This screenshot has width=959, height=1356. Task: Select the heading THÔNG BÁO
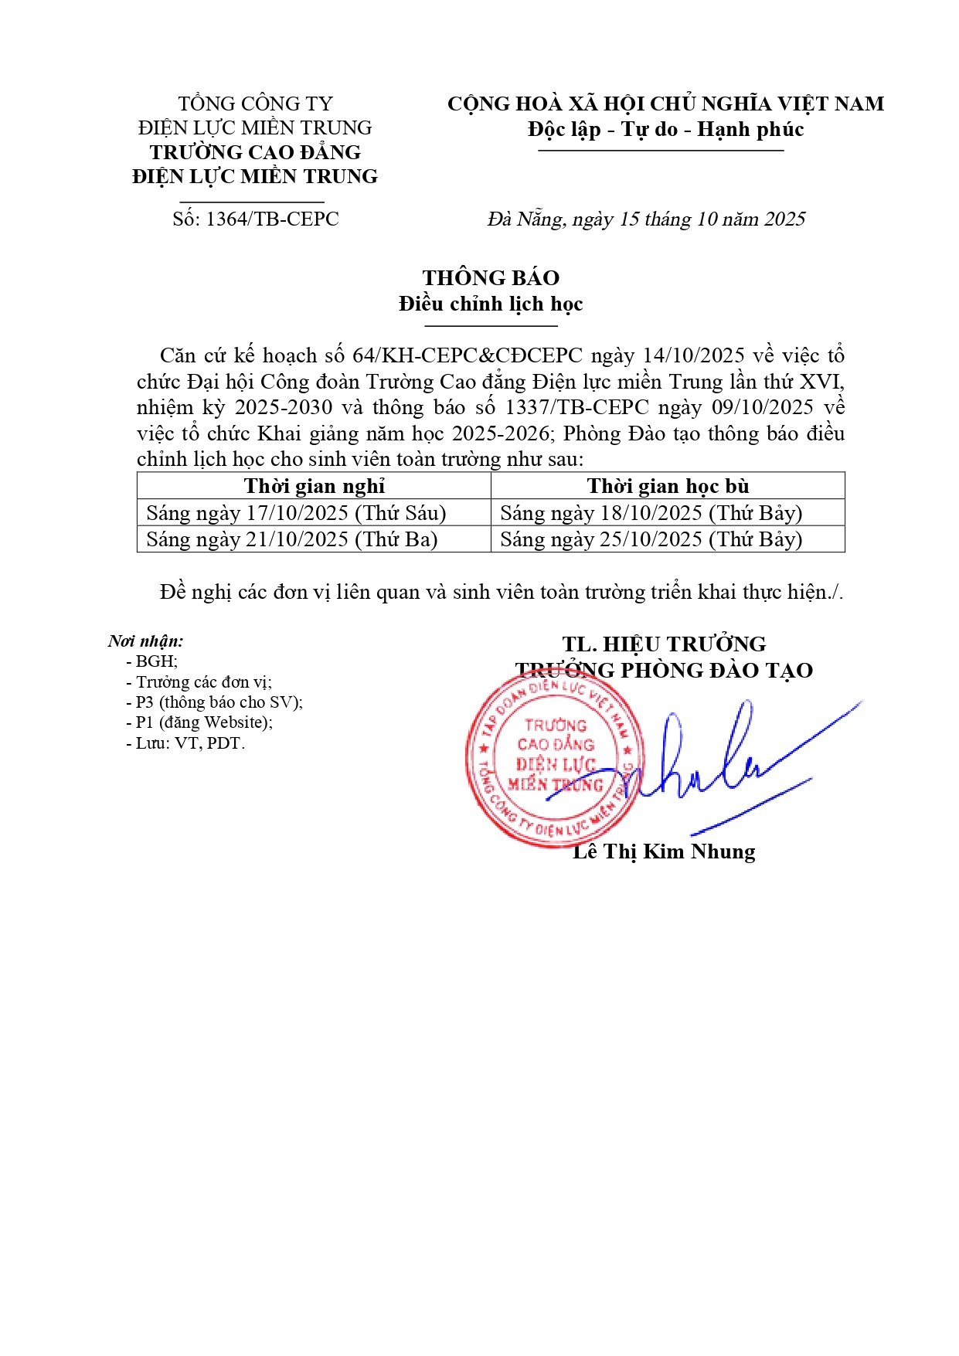coord(491,278)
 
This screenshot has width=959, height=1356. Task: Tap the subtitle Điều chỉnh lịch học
coord(491,304)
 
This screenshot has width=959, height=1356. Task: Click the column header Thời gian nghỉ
coord(314,486)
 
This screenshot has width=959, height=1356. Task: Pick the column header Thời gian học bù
coord(668,486)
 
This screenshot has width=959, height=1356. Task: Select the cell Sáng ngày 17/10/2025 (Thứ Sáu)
coord(296,513)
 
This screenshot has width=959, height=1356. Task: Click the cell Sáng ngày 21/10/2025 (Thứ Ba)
coord(292,539)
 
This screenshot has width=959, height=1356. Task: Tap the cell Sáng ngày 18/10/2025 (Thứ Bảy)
coord(651,513)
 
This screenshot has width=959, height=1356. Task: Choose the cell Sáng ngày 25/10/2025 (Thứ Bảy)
coord(651,539)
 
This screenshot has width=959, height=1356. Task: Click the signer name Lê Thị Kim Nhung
coord(664,851)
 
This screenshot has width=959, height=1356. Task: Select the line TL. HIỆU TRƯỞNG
coord(664,644)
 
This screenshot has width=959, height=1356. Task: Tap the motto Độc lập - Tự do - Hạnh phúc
coord(665,129)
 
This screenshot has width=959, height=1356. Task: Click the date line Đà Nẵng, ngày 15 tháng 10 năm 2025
coord(646,219)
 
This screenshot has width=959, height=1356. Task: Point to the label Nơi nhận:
coord(146,641)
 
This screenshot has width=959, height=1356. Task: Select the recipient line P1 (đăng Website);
coord(204,722)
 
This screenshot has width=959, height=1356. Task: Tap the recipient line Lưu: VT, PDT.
coord(190,743)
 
